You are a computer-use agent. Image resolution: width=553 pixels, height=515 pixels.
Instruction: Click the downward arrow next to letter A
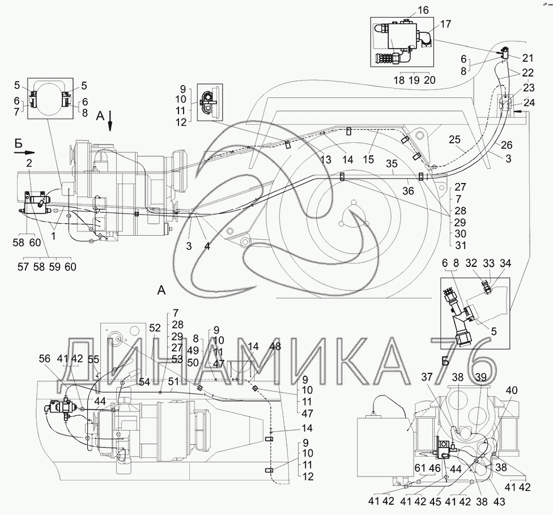(x=110, y=121)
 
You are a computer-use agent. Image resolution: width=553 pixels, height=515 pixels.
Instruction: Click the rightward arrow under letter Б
(x=25, y=152)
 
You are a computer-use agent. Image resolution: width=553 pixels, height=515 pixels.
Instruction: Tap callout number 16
(x=423, y=10)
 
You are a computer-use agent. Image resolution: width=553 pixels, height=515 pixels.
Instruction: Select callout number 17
(x=445, y=24)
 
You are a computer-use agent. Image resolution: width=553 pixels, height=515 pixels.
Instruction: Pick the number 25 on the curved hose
(x=454, y=140)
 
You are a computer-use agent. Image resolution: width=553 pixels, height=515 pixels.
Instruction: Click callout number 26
(x=507, y=144)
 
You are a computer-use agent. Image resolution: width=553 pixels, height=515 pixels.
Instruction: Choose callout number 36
(x=408, y=190)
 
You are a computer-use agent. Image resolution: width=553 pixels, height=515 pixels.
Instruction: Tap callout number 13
(x=326, y=160)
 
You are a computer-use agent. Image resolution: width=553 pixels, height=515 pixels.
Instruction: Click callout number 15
(x=368, y=160)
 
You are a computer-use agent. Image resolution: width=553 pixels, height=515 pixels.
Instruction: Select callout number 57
(x=24, y=267)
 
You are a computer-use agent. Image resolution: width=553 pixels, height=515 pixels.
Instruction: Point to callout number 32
(x=471, y=263)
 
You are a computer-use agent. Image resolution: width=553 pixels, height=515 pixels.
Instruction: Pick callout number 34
(x=505, y=263)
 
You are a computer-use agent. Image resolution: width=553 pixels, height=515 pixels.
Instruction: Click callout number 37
(x=427, y=377)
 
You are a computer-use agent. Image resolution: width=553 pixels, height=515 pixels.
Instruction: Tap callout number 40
(x=512, y=390)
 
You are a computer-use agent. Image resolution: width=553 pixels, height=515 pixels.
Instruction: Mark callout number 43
(x=500, y=501)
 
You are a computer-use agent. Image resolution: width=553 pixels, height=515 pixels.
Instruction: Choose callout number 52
(x=155, y=328)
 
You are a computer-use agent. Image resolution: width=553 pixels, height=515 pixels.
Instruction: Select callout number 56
(x=45, y=359)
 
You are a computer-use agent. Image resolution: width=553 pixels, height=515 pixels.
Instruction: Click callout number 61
(x=420, y=469)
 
